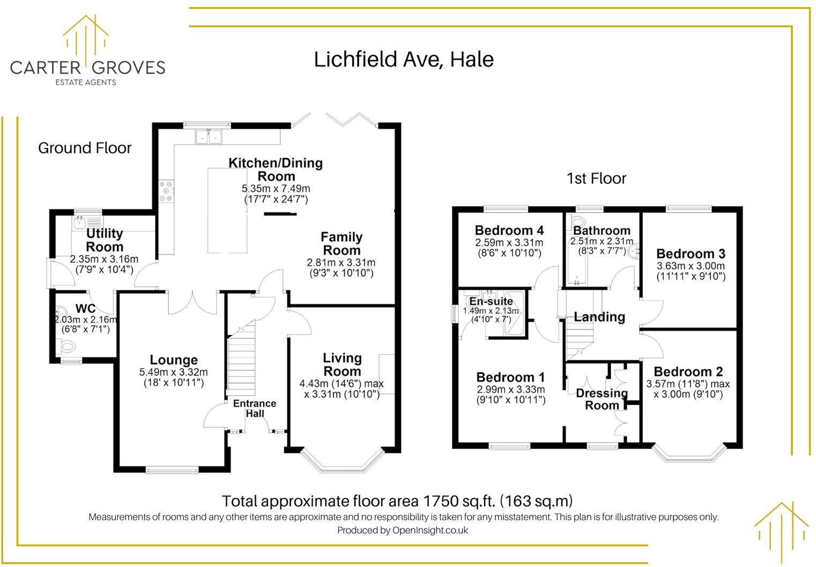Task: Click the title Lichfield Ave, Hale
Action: tap(403, 59)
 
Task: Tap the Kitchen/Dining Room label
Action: tap(276, 169)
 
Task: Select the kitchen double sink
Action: tap(208, 137)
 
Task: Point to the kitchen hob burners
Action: tap(166, 191)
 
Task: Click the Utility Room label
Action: tap(105, 240)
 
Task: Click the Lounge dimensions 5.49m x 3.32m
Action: tap(173, 372)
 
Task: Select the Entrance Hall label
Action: tap(255, 408)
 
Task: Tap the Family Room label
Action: tap(342, 244)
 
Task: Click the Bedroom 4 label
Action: tap(509, 230)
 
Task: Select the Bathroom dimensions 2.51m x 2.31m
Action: tap(602, 242)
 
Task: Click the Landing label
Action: tap(599, 317)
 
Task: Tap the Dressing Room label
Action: tap(602, 399)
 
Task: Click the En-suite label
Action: tap(491, 302)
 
